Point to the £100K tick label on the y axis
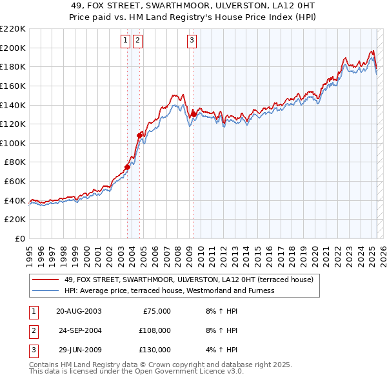tap(13, 143)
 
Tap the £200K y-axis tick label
tap(13, 48)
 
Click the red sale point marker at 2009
tap(193, 114)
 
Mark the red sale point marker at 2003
tap(127, 167)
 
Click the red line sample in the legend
tap(45, 280)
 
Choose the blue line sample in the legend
tap(45, 290)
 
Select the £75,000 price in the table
tap(156, 310)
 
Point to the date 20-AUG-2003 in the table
tap(79, 310)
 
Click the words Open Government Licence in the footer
tap(181, 372)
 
